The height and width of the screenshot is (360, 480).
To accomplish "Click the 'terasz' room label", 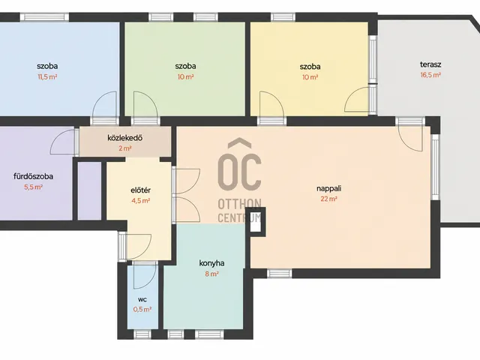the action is [x=430, y=64].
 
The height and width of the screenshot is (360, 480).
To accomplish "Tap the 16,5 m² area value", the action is [x=430, y=75].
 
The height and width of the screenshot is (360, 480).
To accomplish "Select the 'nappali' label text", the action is [x=328, y=188].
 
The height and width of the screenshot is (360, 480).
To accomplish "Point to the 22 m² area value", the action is [x=328, y=199].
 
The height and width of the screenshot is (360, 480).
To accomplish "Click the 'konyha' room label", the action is [x=211, y=263].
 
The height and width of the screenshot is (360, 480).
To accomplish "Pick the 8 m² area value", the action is [x=211, y=274].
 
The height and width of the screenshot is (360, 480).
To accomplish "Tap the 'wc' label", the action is [x=142, y=299].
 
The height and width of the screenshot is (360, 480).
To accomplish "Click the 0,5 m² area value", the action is [x=142, y=309].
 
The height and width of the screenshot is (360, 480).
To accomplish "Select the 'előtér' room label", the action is [x=140, y=190].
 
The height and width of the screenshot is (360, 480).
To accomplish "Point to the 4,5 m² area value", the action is [x=140, y=201].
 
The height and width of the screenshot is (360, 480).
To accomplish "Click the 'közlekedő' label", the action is [x=125, y=138].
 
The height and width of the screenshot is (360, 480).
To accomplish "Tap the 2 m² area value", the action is [x=125, y=148].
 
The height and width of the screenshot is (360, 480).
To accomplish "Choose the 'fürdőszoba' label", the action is [x=33, y=176].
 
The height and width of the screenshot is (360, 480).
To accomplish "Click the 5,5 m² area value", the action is [x=33, y=187].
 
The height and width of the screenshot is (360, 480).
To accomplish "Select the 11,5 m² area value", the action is [x=47, y=76].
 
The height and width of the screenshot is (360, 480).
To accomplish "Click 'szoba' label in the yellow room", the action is [x=310, y=67].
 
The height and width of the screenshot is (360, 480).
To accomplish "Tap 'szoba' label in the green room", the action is [x=185, y=66].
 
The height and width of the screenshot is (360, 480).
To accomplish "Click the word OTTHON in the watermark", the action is [x=239, y=203].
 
